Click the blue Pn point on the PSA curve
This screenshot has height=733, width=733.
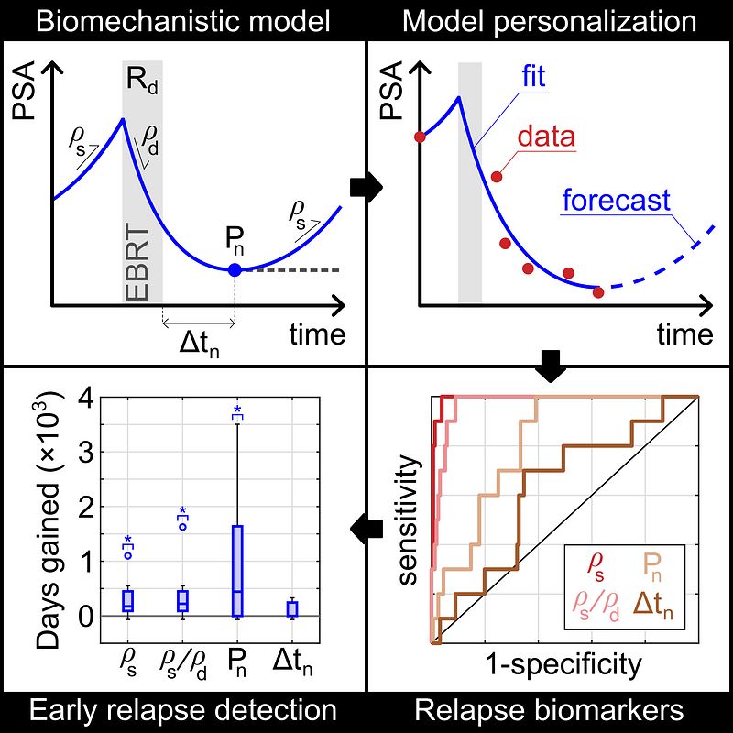[235, 269]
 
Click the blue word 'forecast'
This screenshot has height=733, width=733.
[616, 200]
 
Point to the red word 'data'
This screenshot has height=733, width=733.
[546, 138]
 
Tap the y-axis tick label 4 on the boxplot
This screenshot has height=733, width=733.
[86, 399]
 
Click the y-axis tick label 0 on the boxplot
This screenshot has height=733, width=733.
[86, 617]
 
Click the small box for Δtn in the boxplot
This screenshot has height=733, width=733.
[291, 608]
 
